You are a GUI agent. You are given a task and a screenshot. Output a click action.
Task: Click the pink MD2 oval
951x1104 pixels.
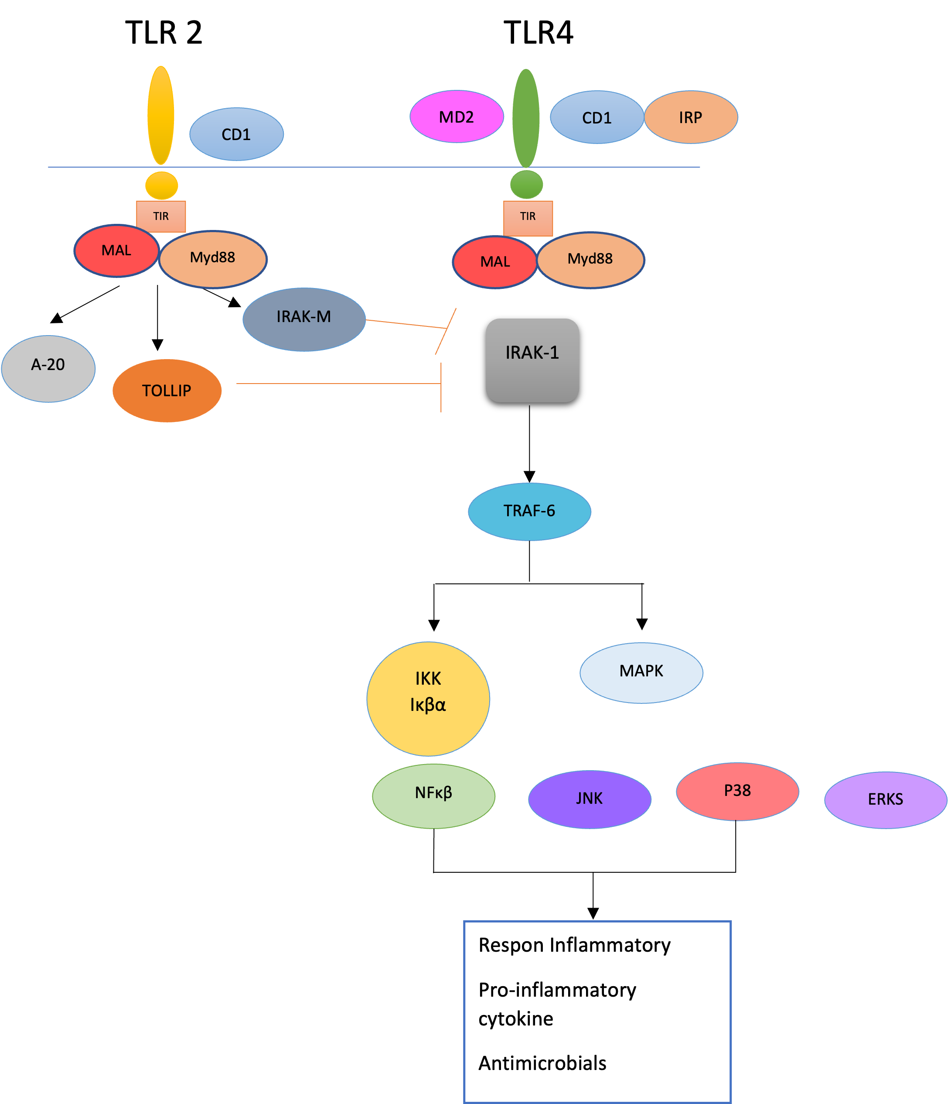[457, 117]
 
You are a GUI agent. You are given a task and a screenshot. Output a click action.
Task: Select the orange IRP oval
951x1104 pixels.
[691, 117]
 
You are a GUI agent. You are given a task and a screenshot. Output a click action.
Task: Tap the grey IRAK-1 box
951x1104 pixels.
[532, 360]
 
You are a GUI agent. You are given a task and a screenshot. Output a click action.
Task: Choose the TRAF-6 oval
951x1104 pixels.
[529, 511]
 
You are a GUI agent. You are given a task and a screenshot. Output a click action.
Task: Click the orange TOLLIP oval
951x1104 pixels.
[167, 391]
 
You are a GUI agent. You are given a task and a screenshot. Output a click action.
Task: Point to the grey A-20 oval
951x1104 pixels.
[48, 369]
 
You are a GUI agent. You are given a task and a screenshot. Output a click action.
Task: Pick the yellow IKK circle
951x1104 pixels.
[428, 699]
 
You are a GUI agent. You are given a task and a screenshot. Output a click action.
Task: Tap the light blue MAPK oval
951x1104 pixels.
[641, 672]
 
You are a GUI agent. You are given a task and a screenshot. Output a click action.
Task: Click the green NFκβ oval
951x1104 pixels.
[433, 796]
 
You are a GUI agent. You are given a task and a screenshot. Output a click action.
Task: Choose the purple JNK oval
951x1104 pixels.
[590, 799]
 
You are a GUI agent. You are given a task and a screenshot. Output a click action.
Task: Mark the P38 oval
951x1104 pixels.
[737, 792]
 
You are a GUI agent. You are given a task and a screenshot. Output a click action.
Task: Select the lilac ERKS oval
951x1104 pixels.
[886, 800]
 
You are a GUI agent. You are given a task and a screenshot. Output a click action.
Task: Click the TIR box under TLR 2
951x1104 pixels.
[161, 216]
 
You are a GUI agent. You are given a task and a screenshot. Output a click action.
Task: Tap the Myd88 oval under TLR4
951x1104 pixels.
[590, 260]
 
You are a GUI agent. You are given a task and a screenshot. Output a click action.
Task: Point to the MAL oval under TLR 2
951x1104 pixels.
[116, 250]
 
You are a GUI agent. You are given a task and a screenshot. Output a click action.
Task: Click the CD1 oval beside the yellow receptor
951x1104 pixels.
[236, 134]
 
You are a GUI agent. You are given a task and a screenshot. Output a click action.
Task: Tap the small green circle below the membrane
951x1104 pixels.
[527, 184]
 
